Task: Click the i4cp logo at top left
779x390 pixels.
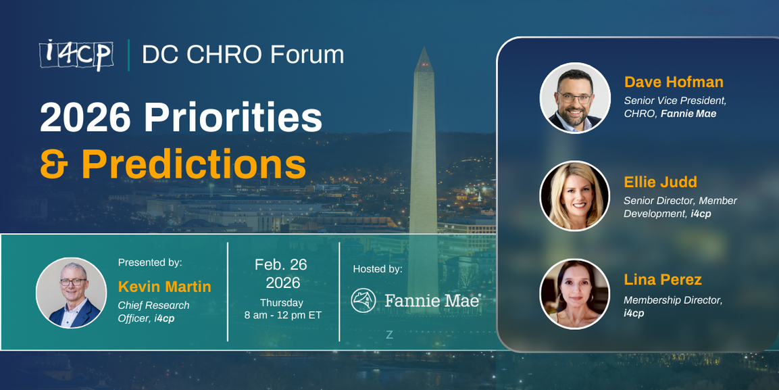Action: point(76,54)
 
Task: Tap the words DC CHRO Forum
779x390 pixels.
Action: point(243,55)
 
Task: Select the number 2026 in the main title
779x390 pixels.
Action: point(85,118)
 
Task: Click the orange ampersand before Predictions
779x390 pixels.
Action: point(56,162)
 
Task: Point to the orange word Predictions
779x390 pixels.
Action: point(193,163)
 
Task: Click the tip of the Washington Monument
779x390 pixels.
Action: point(424,49)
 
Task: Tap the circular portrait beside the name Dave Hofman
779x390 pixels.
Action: point(575,98)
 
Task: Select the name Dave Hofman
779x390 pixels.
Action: point(674,82)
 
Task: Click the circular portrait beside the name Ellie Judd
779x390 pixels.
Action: point(575,196)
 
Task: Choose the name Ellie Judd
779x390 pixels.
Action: point(660,182)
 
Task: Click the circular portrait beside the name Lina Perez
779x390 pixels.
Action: point(575,294)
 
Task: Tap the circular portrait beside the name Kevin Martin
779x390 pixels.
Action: point(71,293)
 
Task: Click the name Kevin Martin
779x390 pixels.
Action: point(164,287)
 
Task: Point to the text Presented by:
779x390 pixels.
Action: point(150,262)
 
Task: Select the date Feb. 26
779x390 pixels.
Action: point(282,264)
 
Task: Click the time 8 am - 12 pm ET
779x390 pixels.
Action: point(282,315)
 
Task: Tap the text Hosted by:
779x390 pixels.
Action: point(378,269)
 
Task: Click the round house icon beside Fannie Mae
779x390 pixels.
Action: point(364,300)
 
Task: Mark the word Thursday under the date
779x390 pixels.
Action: point(282,302)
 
